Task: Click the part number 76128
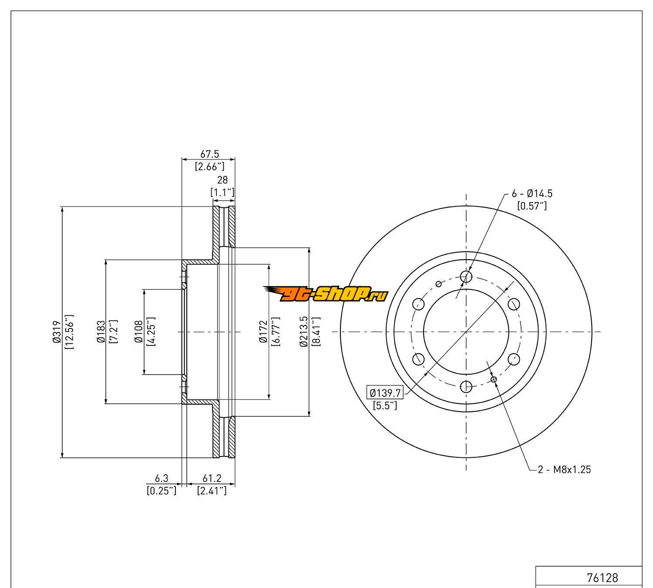603,578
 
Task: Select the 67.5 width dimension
209,154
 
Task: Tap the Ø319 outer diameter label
56,332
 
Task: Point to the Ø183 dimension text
101,332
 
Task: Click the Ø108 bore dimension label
139,332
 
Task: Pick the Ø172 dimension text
263,332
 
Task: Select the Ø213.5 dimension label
304,332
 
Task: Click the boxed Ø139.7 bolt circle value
385,392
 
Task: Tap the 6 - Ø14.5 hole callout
532,193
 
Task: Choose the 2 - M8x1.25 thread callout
565,470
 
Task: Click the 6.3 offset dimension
162,479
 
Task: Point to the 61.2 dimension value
212,479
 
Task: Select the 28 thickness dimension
222,180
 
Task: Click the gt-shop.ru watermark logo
325,295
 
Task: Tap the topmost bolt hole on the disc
466,276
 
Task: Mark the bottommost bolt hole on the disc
466,386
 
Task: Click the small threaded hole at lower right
494,379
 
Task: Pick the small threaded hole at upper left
438,284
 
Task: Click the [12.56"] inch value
69,332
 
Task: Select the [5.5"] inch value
385,406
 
